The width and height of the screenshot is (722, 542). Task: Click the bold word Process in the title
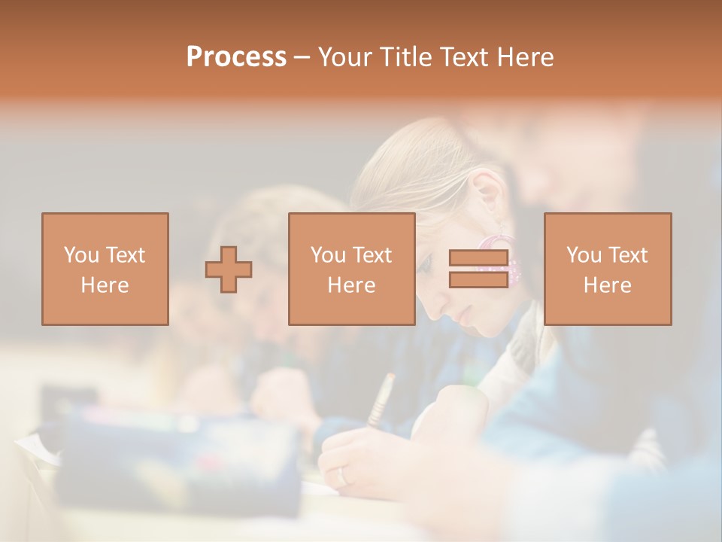[x=236, y=57]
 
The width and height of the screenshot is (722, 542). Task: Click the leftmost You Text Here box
[x=105, y=269]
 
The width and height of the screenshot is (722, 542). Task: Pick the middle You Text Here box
[x=352, y=269]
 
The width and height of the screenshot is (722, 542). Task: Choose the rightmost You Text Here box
[x=608, y=269]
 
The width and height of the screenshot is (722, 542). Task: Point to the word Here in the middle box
[x=352, y=285]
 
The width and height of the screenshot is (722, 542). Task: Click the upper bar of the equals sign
[x=478, y=258]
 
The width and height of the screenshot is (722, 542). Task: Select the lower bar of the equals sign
[x=478, y=280]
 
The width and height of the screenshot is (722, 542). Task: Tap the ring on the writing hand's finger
[x=342, y=477]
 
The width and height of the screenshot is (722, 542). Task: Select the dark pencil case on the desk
[x=180, y=459]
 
